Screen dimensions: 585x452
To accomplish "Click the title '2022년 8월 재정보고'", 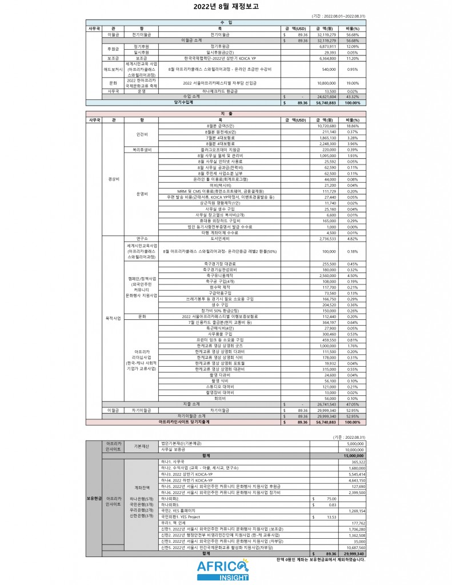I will pyautogui.click(x=226, y=6).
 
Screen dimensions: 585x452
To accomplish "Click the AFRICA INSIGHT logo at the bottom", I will pyautogui.click(x=225, y=569).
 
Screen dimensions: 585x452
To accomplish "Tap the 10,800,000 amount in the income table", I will pyautogui.click(x=326, y=83).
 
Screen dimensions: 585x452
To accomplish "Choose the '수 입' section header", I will pyautogui.click(x=226, y=22).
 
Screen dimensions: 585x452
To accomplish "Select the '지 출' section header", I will pyautogui.click(x=226, y=114).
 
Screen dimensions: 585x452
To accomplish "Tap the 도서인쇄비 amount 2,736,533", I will pyautogui.click(x=326, y=238).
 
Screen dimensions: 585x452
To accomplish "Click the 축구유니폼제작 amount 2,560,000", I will pyautogui.click(x=326, y=275).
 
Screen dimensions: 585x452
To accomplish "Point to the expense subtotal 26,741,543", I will pyautogui.click(x=326, y=403).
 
